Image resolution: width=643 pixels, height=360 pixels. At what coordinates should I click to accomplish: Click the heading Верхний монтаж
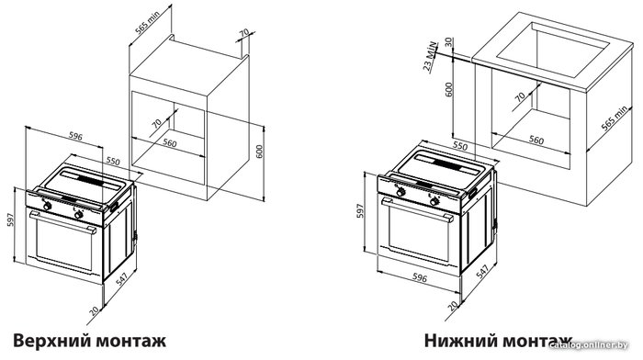[x=89, y=341]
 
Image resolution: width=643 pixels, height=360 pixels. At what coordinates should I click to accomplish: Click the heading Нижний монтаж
[x=498, y=341]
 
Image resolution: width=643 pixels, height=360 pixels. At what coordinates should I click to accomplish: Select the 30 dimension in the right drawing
[x=449, y=42]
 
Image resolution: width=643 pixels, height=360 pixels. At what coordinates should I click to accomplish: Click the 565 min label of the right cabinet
[x=614, y=118]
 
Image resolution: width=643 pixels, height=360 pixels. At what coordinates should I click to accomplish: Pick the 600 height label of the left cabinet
[x=259, y=152]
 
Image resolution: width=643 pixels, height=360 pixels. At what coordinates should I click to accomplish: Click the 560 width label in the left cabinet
[x=169, y=142]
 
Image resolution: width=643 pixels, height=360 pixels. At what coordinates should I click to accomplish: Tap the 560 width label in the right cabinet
[x=536, y=141]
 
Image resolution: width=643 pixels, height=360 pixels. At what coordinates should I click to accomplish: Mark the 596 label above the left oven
[x=75, y=137]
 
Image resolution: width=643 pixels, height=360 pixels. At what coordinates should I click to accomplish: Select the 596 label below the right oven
[x=420, y=278]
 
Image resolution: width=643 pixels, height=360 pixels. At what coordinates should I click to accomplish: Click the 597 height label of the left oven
[x=11, y=219]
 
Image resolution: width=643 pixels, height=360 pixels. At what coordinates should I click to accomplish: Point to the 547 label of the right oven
[x=482, y=272]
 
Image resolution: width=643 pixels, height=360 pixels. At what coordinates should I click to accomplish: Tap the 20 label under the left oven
[x=95, y=311]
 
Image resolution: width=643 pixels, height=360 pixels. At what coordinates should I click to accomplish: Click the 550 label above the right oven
[x=459, y=146]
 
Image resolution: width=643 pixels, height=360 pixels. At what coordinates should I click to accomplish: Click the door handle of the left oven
[x=62, y=221]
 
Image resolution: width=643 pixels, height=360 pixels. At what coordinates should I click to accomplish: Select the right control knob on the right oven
[x=434, y=201]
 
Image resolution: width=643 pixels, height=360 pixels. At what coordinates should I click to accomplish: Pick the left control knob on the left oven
[x=48, y=207]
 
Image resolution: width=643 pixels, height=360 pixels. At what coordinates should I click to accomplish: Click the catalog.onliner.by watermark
[x=589, y=345]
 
